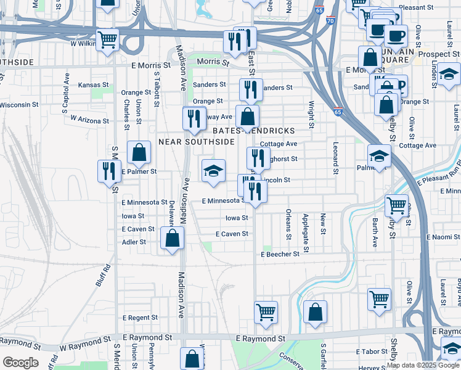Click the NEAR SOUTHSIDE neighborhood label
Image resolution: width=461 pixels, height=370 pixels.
(x=197, y=141)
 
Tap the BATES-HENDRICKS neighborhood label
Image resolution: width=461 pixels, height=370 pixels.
(x=253, y=131)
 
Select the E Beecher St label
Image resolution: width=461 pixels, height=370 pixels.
(x=280, y=254)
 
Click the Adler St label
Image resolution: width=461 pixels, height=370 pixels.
(x=134, y=242)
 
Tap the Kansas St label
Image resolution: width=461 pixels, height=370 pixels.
(x=94, y=84)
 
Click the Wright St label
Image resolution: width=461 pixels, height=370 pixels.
(x=312, y=115)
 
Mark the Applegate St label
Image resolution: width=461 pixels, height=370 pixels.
(x=306, y=227)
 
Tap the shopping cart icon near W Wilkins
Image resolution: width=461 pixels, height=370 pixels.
(x=107, y=41)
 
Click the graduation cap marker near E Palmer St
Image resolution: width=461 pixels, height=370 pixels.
(x=214, y=171)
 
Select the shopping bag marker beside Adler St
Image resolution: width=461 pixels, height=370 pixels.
(x=173, y=238)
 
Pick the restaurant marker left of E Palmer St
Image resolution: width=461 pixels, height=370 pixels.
(x=109, y=170)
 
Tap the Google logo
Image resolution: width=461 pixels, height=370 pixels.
(x=20, y=363)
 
